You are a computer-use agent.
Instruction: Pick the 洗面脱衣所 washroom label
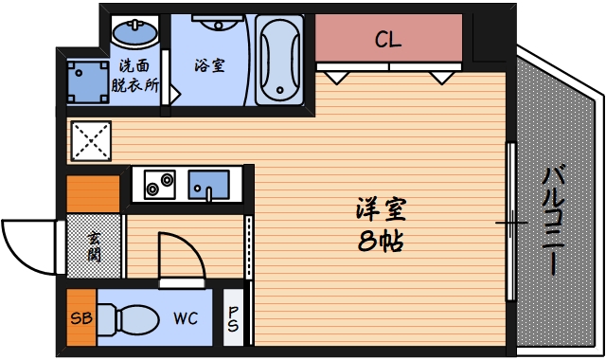(134, 75)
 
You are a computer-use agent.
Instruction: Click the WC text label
(185, 318)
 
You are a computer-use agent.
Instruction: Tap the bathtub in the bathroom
(279, 58)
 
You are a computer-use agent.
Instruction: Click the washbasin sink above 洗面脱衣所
(135, 34)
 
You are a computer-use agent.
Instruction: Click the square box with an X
(92, 140)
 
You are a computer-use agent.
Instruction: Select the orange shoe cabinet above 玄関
(93, 193)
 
